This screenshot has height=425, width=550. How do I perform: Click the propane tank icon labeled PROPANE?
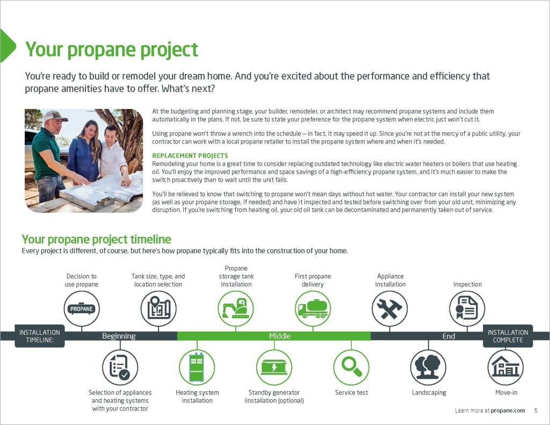point(82,309)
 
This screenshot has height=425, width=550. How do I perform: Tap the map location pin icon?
point(158,309)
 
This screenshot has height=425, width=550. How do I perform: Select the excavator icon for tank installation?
point(236,309)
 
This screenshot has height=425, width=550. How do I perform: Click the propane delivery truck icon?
point(313,309)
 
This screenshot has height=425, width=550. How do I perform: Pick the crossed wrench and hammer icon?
point(390,309)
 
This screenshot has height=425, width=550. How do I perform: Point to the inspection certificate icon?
point(467,309)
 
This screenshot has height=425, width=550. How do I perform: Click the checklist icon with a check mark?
point(120,368)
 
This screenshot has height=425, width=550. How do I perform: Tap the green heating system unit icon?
point(197,368)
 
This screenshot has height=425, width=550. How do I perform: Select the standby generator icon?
point(274,368)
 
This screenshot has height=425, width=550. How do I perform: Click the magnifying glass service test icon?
point(351,368)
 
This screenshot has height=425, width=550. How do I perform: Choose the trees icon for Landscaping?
point(428,368)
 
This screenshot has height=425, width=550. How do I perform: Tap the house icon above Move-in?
point(505,368)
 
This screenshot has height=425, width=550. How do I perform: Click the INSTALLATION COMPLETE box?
point(508,336)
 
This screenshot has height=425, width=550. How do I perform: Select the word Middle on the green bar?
point(280,336)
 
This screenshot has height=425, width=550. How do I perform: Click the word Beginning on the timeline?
point(119,336)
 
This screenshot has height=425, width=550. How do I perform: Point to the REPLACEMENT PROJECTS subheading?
point(190,156)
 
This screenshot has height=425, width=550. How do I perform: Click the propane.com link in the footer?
point(508,410)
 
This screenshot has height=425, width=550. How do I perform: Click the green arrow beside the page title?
point(8,46)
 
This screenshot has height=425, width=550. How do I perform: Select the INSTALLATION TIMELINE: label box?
point(40,336)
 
